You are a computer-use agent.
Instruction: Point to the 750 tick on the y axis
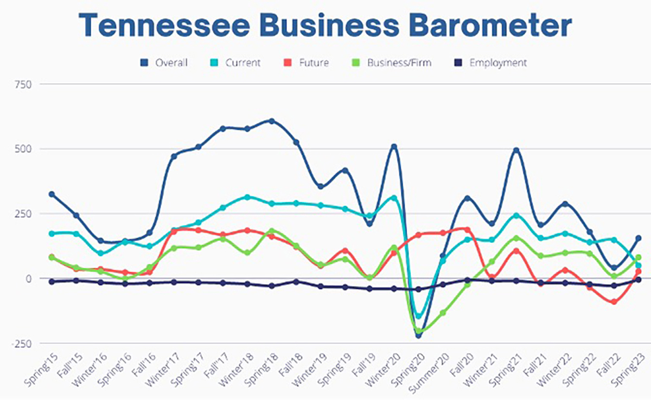click(x=24, y=84)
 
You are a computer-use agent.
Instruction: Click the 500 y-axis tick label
click(x=24, y=149)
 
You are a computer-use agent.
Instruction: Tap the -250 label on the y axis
click(x=22, y=343)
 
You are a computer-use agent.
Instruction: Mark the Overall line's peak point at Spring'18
click(x=272, y=121)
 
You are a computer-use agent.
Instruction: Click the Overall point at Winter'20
click(x=394, y=147)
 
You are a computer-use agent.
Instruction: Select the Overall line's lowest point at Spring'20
click(x=418, y=335)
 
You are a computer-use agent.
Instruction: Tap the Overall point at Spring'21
click(x=516, y=151)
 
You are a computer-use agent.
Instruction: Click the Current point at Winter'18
click(x=247, y=197)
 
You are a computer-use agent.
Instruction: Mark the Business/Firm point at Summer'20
click(x=443, y=312)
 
